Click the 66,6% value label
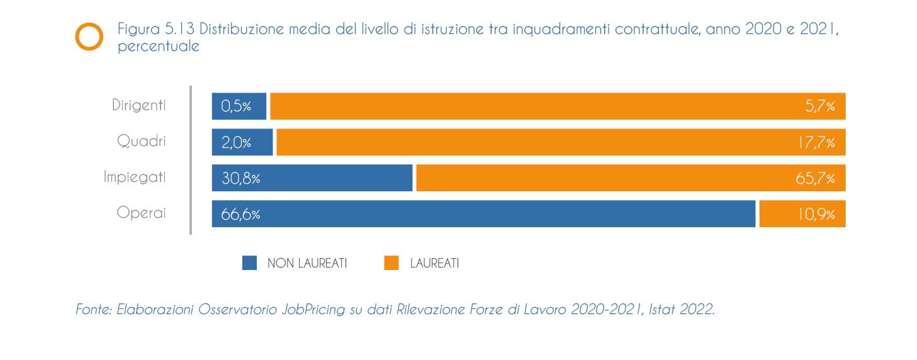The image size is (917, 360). (240, 215)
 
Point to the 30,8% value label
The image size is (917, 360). (240, 179)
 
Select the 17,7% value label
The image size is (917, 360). (816, 143)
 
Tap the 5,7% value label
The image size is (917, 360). (820, 106)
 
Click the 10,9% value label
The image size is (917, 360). (816, 215)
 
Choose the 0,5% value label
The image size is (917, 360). (236, 106)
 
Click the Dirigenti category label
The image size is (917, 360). (139, 105)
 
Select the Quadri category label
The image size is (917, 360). (142, 141)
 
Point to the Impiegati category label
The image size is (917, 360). (135, 177)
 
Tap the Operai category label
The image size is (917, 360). (142, 213)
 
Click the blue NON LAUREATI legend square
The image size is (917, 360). (250, 263)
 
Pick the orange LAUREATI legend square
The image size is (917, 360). (391, 263)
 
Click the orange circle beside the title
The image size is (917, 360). (89, 37)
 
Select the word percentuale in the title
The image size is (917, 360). (159, 47)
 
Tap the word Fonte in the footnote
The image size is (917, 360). (93, 310)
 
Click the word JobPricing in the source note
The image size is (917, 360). (313, 310)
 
